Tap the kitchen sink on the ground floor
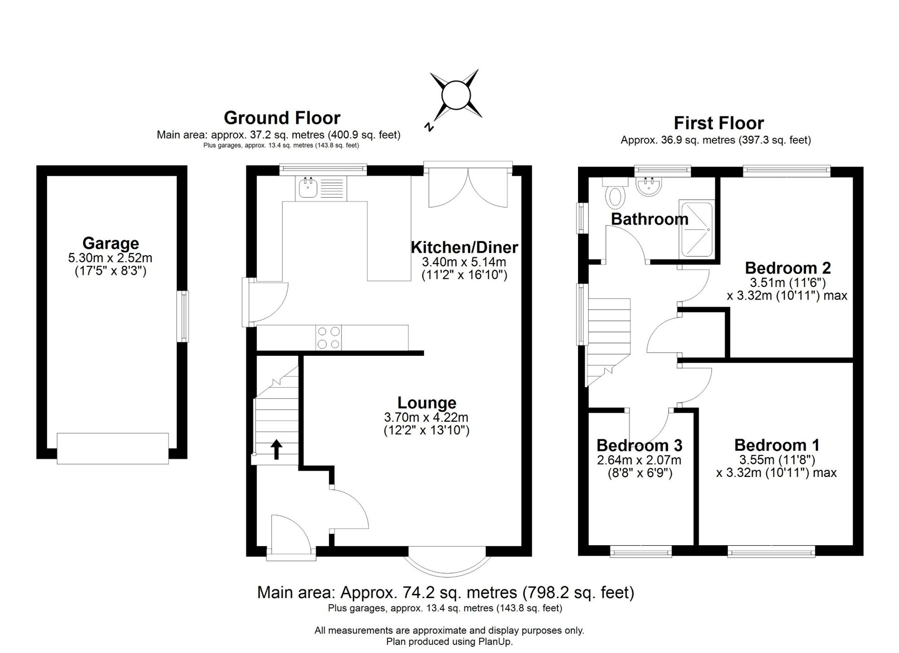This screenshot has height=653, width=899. pos(321,188)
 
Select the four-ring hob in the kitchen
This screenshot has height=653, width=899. pos(329,338)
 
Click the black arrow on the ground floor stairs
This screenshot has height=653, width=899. pos(276,450)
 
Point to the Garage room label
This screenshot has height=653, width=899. pos(111,243)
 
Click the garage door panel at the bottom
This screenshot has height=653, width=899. pos(113,448)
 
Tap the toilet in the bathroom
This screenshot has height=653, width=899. pos(616,193)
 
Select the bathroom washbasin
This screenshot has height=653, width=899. pos(648,186)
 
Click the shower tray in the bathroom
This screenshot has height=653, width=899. pos(696,229)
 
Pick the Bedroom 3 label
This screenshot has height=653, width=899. pos(639,446)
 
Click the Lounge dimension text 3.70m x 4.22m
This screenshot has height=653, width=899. pos(426,417)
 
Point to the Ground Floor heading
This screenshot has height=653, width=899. pos(282,118)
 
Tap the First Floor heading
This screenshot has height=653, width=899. pos(718,123)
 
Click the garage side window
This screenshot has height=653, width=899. pos(182,316)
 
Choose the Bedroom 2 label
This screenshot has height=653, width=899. pos(788,268)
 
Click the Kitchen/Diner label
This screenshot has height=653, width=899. pos(464,247)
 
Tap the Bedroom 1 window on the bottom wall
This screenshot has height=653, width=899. pos(771,551)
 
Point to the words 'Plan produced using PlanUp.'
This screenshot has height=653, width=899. pos(449,642)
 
